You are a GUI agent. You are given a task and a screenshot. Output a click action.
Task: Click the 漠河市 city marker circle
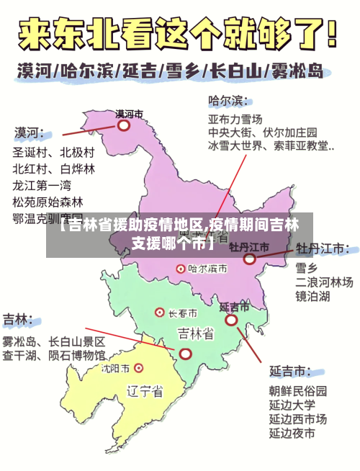pyautogui.click(x=124, y=125)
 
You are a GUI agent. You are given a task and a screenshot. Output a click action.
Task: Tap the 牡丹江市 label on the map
pyautogui.click(x=249, y=247)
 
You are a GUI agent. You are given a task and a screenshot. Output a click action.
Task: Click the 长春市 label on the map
pyautogui.click(x=183, y=313)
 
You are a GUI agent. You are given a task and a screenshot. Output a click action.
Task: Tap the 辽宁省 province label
pyautogui.click(x=144, y=392)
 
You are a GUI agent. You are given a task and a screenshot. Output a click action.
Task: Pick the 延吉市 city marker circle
pyautogui.click(x=231, y=320)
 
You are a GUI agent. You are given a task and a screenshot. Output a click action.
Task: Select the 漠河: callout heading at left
pyautogui.click(x=29, y=133)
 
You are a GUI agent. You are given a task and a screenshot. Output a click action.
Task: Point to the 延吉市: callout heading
pyautogui.click(x=291, y=372)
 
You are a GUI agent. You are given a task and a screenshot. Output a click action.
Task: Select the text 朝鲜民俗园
pyautogui.click(x=298, y=391)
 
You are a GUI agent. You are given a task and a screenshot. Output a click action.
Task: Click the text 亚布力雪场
pyautogui.click(x=235, y=118)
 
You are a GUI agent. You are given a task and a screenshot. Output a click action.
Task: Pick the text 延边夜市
pyautogui.click(x=292, y=433)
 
